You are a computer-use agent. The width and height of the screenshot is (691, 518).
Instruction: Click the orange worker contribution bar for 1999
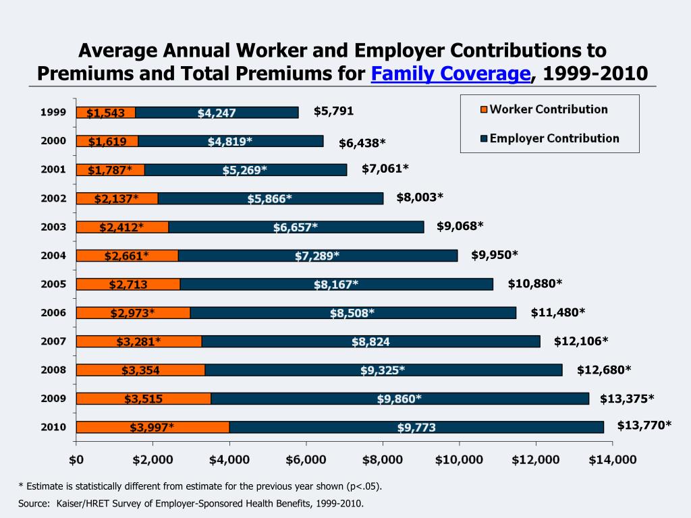pyautogui.click(x=106, y=113)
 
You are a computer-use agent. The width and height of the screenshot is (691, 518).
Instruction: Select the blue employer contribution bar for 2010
pyautogui.click(x=416, y=427)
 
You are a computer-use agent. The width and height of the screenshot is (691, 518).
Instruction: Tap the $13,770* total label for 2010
pyautogui.click(x=644, y=424)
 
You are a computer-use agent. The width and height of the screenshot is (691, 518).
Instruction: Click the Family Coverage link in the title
pyautogui.click(x=451, y=73)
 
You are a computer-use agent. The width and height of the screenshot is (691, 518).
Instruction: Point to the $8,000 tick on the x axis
pyautogui.click(x=383, y=459)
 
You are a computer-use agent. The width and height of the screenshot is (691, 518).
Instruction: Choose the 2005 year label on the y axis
pyautogui.click(x=53, y=284)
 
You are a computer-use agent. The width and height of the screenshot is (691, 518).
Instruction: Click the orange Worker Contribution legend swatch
pyautogui.click(x=482, y=110)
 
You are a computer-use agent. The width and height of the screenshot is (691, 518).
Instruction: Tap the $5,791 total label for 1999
pyautogui.click(x=333, y=111)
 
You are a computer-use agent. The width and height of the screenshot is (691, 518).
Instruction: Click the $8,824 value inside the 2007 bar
pyautogui.click(x=370, y=341)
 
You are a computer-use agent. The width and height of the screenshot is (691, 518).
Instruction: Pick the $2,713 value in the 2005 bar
pyautogui.click(x=128, y=284)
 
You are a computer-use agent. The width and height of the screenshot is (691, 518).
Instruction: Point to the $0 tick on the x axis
pyautogui.click(x=76, y=459)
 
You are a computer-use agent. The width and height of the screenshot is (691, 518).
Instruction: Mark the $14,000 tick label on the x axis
pyautogui.click(x=611, y=459)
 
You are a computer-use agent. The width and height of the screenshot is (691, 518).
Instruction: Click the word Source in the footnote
pyautogui.click(x=32, y=503)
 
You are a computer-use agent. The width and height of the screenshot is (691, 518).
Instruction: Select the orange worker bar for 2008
pyautogui.click(x=140, y=370)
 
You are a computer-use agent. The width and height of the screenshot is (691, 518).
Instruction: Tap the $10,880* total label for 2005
pyautogui.click(x=534, y=283)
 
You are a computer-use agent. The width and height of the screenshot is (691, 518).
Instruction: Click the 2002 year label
pyautogui.click(x=53, y=198)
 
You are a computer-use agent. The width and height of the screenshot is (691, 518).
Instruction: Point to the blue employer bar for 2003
pyautogui.click(x=296, y=227)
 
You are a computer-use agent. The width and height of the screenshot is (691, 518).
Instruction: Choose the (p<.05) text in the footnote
pyautogui.click(x=368, y=486)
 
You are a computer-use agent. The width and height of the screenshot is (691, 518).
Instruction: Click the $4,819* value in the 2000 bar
pyautogui.click(x=230, y=141)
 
